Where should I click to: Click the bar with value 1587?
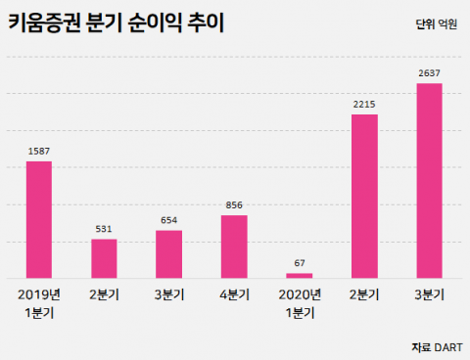pos(39,219)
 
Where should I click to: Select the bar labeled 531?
pos(104,258)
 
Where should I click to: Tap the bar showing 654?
pos(168,253)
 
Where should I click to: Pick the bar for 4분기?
pos(234,246)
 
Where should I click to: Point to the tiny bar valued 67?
pos(300,275)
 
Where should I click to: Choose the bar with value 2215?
pos(364,196)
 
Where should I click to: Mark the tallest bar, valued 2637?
pos(430,180)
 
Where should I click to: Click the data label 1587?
pos(39,151)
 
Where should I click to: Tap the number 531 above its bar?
pos(104,229)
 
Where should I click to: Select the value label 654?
pos(168,220)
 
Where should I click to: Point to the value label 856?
pos(234,205)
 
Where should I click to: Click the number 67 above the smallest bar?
pos(300,263)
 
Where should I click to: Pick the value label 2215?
pos(364,105)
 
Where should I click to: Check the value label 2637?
pos(430,73)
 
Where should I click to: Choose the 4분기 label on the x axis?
pos(234,293)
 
